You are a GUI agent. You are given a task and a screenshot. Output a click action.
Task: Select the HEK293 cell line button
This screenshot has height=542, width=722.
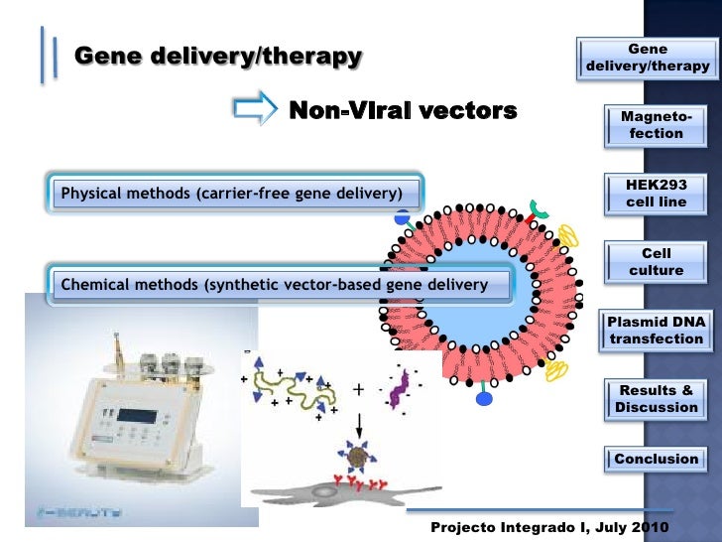pos(656,194)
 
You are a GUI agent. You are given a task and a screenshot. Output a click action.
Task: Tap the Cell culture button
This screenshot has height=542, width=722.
pos(656,262)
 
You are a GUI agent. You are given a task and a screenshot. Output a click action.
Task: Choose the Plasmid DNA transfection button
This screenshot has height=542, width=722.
pos(656,331)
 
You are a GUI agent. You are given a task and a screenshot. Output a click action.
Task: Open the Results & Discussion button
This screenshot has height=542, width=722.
pos(656,399)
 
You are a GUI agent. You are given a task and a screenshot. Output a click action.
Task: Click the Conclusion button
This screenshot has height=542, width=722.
pos(656,459)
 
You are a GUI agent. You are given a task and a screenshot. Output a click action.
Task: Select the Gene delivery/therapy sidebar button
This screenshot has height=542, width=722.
pos(648,58)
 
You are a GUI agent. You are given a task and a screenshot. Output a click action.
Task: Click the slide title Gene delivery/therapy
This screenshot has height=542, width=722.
pos(218,57)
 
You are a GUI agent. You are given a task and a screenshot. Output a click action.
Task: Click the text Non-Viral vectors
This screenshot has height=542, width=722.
pos(402,110)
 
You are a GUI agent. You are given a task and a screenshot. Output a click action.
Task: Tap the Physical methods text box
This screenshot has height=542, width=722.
pos(231,192)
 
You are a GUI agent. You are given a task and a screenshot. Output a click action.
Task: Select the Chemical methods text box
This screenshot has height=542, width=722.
pos(275,285)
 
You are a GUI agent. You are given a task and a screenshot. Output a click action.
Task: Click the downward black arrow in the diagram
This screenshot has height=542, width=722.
pos(360,421)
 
